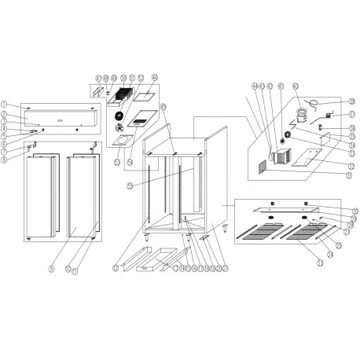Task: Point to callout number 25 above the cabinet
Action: (163, 106)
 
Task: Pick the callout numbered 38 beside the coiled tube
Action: (351, 101)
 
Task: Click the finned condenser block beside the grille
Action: (281, 155)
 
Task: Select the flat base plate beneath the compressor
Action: (307, 164)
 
